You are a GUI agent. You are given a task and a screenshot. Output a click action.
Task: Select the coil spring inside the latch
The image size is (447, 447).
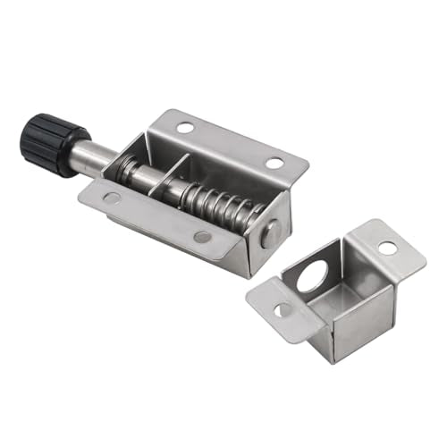(219, 203)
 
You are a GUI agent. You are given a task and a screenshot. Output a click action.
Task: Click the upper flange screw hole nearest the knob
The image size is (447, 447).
(185, 128)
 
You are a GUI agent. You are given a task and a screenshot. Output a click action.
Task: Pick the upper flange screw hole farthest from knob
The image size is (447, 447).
(274, 164)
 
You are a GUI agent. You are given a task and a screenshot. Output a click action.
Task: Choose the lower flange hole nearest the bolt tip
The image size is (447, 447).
(203, 238)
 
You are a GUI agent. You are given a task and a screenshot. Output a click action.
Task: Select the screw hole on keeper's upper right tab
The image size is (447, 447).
(386, 246)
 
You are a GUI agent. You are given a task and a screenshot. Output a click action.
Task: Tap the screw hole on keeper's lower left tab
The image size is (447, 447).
(282, 310)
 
